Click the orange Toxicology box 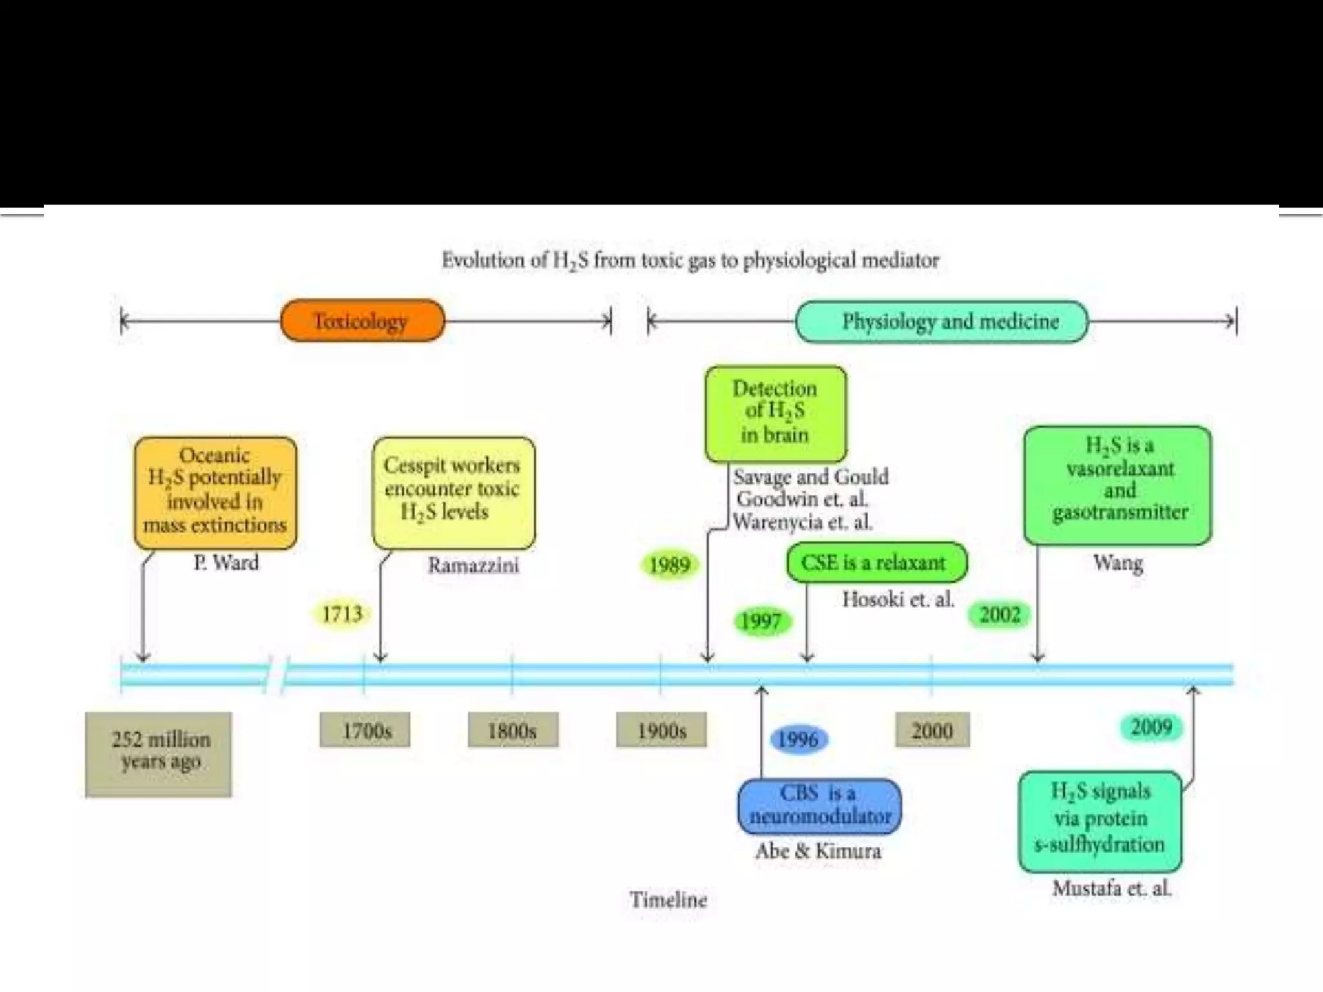click(362, 321)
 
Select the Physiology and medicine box click(942, 322)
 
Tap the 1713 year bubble click(342, 614)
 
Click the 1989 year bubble click(669, 565)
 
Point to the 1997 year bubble click(761, 621)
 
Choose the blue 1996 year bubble click(798, 739)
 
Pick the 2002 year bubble click(999, 614)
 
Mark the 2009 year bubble click(1151, 727)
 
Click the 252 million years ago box click(158, 754)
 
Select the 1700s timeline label click(365, 730)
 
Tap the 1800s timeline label click(513, 730)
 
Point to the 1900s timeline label click(661, 730)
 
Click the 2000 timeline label click(932, 730)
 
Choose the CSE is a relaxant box click(877, 563)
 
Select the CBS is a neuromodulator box click(819, 805)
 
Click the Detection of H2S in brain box click(775, 413)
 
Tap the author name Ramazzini click(473, 565)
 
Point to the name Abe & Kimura click(818, 851)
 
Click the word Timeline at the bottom click(669, 900)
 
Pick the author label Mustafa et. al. click(1112, 889)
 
